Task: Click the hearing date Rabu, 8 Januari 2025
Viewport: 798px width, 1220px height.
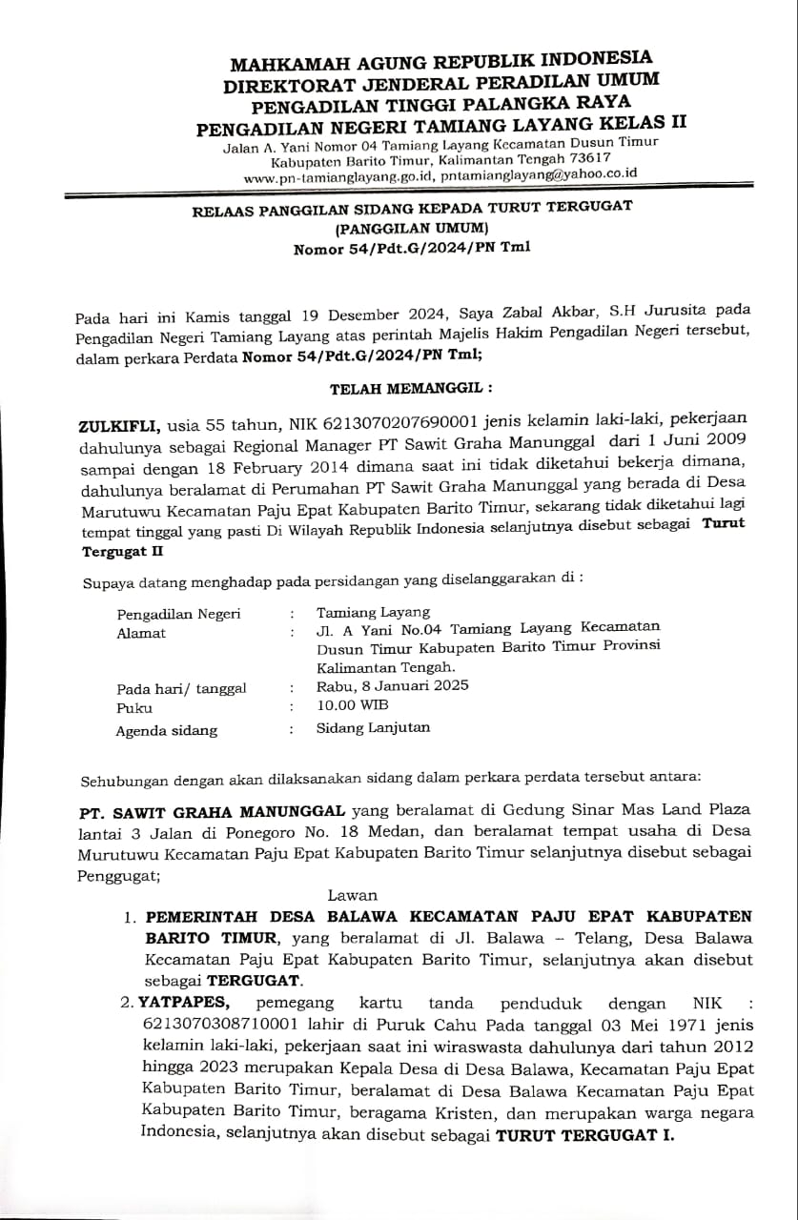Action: click(x=393, y=685)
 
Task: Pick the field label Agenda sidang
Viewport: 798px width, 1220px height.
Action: click(x=167, y=731)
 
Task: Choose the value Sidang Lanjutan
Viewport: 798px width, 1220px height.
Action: click(x=373, y=727)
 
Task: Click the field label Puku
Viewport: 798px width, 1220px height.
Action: click(x=134, y=708)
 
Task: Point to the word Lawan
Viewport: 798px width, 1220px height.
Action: click(x=352, y=895)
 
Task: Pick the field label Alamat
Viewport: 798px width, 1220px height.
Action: click(x=141, y=633)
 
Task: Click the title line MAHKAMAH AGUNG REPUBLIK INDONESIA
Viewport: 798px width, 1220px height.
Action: click(x=441, y=62)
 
